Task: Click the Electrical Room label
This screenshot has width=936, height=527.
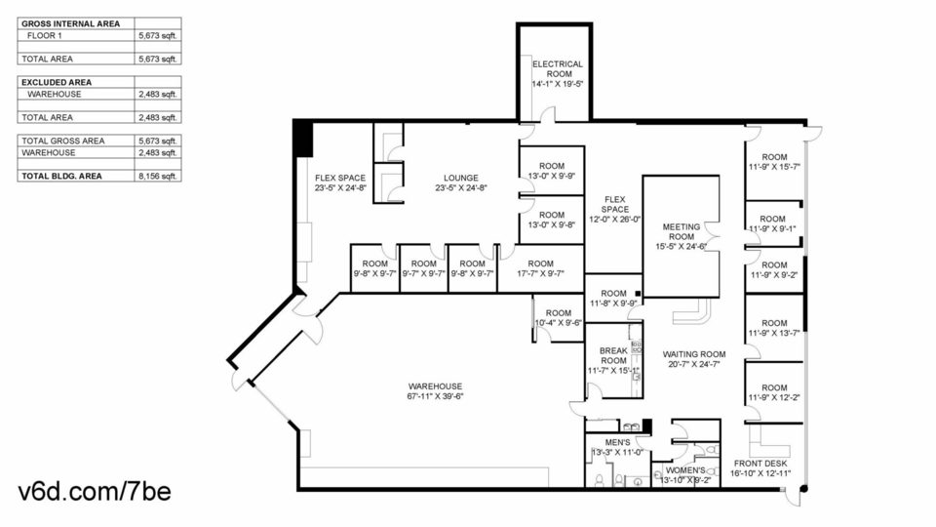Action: (x=558, y=68)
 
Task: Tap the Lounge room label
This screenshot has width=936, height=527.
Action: (x=461, y=178)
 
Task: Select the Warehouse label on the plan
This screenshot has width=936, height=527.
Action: (x=435, y=386)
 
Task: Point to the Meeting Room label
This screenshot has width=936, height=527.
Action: (x=682, y=232)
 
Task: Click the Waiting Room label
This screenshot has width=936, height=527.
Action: (x=694, y=353)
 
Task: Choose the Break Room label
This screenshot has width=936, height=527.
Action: (x=613, y=355)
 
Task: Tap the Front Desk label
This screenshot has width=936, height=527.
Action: (x=760, y=463)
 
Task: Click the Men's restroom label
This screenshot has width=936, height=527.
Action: (x=617, y=442)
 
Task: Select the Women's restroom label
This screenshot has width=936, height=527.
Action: (x=685, y=470)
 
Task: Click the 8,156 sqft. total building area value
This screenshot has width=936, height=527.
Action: (x=158, y=177)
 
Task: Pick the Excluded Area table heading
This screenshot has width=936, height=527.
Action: (x=57, y=82)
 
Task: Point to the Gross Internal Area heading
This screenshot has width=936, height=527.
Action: (x=70, y=23)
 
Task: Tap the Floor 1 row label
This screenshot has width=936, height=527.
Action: (x=45, y=35)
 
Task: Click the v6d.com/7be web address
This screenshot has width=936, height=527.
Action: (x=95, y=491)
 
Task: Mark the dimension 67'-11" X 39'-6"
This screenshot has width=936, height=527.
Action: (x=435, y=396)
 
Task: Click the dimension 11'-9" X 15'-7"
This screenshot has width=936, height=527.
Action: (x=774, y=167)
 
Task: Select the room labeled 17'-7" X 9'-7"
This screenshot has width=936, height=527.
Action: (x=540, y=268)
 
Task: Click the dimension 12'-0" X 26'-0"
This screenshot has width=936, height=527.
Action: (x=615, y=220)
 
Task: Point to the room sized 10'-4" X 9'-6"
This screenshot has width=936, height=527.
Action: (x=558, y=318)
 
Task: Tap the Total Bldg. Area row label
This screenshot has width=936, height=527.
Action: (x=61, y=177)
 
